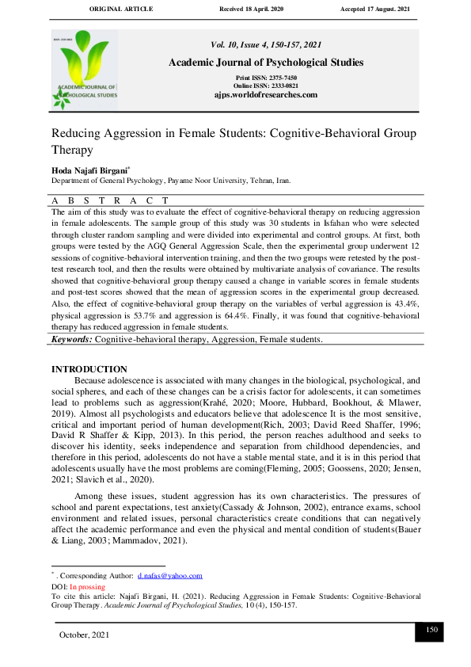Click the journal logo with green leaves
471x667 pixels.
click(85, 70)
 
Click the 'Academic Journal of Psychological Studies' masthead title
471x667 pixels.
click(265, 63)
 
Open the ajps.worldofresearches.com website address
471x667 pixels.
click(265, 94)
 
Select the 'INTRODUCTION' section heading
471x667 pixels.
click(89, 369)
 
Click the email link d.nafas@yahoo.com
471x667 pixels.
click(169, 576)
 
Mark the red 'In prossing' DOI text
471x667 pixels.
click(88, 587)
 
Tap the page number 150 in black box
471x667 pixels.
click(431, 629)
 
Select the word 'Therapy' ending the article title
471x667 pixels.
click(72, 149)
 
